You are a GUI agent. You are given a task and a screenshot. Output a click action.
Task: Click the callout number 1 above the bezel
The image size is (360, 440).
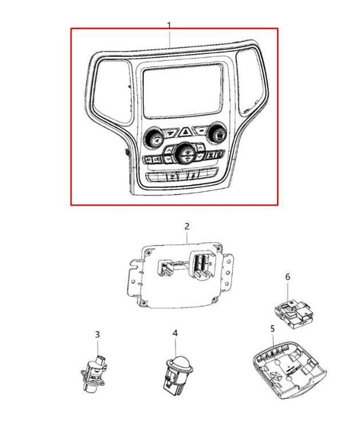[169, 25]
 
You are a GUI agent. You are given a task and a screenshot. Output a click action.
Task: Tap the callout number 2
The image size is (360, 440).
[187, 226]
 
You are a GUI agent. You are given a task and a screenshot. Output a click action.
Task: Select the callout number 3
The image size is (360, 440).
[97, 335]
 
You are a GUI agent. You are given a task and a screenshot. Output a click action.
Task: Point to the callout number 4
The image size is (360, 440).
[175, 333]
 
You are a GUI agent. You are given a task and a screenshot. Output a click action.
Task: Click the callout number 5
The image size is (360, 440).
[272, 328]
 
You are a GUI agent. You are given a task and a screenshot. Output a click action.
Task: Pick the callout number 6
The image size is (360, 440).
[288, 277]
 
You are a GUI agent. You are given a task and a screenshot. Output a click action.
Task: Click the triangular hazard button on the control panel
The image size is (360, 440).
[185, 132]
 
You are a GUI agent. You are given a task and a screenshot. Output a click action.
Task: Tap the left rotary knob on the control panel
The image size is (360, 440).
[153, 137]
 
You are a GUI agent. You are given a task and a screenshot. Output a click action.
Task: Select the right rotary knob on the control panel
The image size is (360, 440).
[216, 132]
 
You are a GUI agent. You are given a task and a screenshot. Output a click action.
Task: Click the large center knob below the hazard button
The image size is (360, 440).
[185, 154]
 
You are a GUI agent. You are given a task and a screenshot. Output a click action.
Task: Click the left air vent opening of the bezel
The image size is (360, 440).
[112, 91]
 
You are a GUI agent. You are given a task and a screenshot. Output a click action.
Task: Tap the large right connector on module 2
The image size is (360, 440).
[203, 265]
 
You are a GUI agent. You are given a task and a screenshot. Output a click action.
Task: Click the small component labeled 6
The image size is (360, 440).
[293, 314]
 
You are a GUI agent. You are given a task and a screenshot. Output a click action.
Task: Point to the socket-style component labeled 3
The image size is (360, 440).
[94, 373]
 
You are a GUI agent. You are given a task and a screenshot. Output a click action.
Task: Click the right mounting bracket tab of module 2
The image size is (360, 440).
[228, 270]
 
